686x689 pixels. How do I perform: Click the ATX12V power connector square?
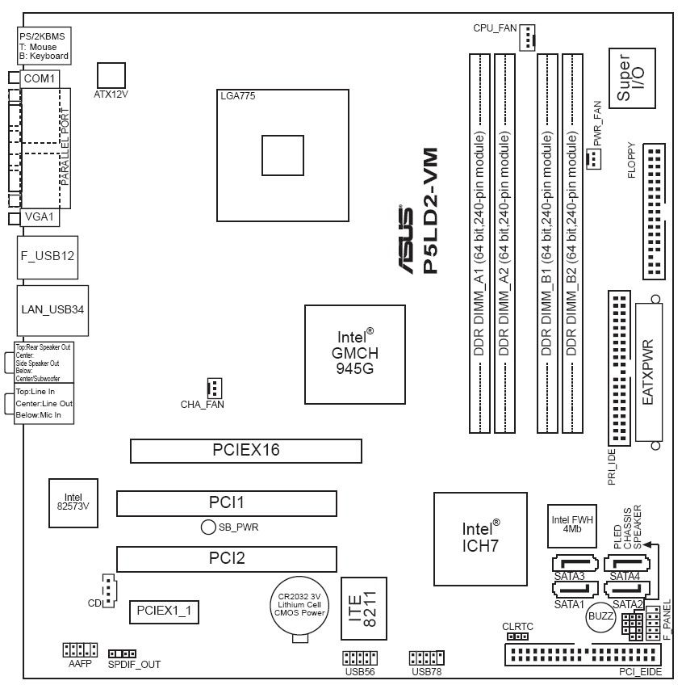point(111,74)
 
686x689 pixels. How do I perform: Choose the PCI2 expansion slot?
point(226,558)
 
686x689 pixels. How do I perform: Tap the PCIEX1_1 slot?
point(165,611)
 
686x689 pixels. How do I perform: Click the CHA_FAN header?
point(213,386)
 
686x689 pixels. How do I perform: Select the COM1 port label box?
point(39,78)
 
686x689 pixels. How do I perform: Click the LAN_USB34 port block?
point(52,309)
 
